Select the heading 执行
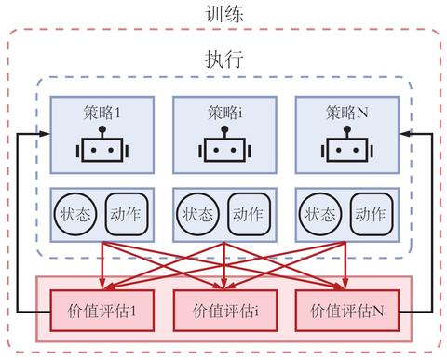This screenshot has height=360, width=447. pos(223,59)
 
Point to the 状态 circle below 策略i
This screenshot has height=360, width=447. pos(196,213)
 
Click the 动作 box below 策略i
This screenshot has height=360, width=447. pos(249,213)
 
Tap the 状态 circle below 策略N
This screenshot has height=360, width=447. pos(318,213)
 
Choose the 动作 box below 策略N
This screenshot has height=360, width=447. pos(371,213)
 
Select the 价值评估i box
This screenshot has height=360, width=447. pos(223,308)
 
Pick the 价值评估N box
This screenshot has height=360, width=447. pos(345,308)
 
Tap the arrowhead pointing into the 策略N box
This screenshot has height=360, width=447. pos(404,134)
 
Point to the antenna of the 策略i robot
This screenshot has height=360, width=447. pos(223,129)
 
